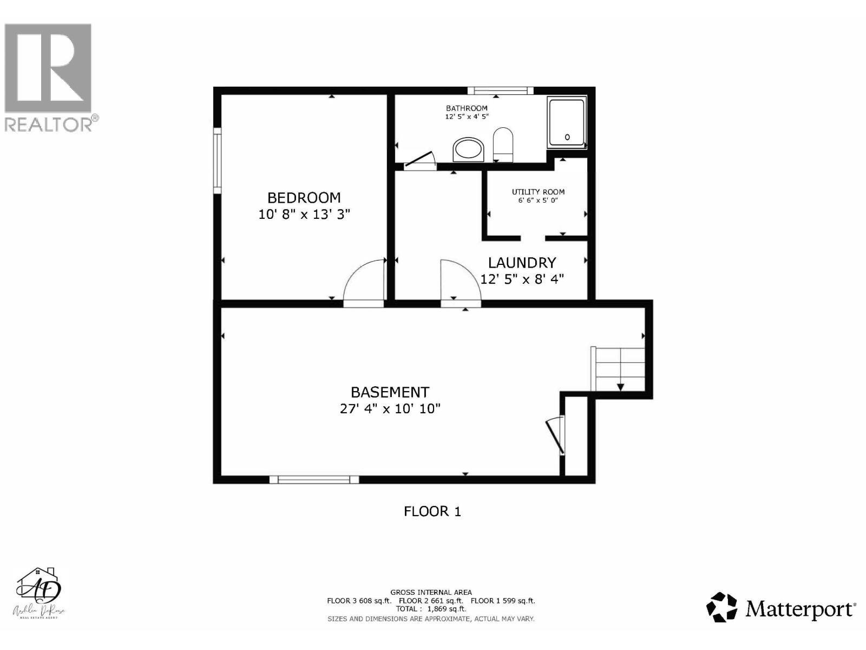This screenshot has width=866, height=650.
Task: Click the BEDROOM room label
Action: point(304,198)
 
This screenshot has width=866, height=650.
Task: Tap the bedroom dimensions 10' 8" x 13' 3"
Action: point(304,214)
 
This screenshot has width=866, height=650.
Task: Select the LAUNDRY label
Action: point(522,263)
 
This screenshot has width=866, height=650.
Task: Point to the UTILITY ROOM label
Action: point(538,192)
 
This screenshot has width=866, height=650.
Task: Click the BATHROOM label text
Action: point(467,108)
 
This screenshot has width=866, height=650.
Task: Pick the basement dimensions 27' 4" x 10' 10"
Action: point(390,408)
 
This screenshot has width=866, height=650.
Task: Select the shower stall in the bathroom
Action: point(567,122)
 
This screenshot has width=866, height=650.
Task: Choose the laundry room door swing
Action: point(459,282)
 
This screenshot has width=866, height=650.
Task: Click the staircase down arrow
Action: point(620,387)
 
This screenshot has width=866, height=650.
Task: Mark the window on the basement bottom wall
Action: point(314,479)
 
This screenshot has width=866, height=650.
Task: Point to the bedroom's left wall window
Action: point(217,160)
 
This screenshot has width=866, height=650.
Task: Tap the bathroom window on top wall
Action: point(500,90)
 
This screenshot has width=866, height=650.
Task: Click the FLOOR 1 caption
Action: point(432,511)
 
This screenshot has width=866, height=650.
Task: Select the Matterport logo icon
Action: point(722,607)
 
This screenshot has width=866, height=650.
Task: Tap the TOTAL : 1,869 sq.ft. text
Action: point(431,609)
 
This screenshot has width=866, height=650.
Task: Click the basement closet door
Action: point(555,437)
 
